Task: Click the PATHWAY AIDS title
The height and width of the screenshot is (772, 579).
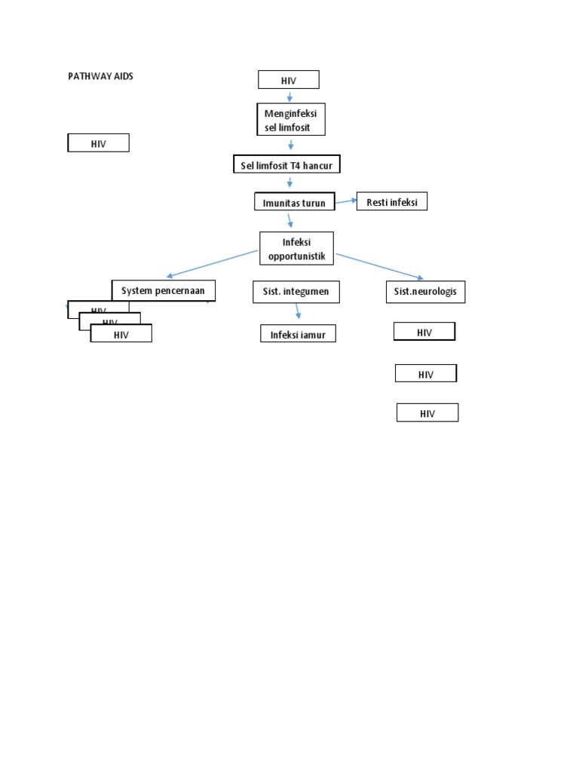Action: [x=100, y=76]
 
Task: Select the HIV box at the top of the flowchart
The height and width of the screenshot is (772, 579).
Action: [x=288, y=80]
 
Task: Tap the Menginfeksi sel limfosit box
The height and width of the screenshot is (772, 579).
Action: [x=290, y=120]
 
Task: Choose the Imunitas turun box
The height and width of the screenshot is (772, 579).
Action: [x=294, y=203]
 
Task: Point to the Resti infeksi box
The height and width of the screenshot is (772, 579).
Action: [x=391, y=201]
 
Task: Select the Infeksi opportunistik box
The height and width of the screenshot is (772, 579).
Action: [x=296, y=249]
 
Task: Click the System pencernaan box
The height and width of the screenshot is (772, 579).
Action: [x=163, y=290]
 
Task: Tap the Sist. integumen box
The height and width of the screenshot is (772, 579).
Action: [x=296, y=291]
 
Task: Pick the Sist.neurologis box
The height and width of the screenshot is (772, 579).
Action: [x=424, y=292]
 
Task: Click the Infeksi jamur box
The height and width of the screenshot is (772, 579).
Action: [x=298, y=334]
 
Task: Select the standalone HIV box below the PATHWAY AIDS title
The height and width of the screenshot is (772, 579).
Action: [x=98, y=143]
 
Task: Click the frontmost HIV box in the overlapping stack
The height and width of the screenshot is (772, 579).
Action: [x=121, y=334]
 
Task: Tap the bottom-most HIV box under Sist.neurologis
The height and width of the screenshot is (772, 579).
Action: [x=427, y=413]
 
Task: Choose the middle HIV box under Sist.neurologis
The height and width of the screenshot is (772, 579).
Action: [x=426, y=373]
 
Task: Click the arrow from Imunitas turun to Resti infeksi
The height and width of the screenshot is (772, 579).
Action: [x=346, y=201]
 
